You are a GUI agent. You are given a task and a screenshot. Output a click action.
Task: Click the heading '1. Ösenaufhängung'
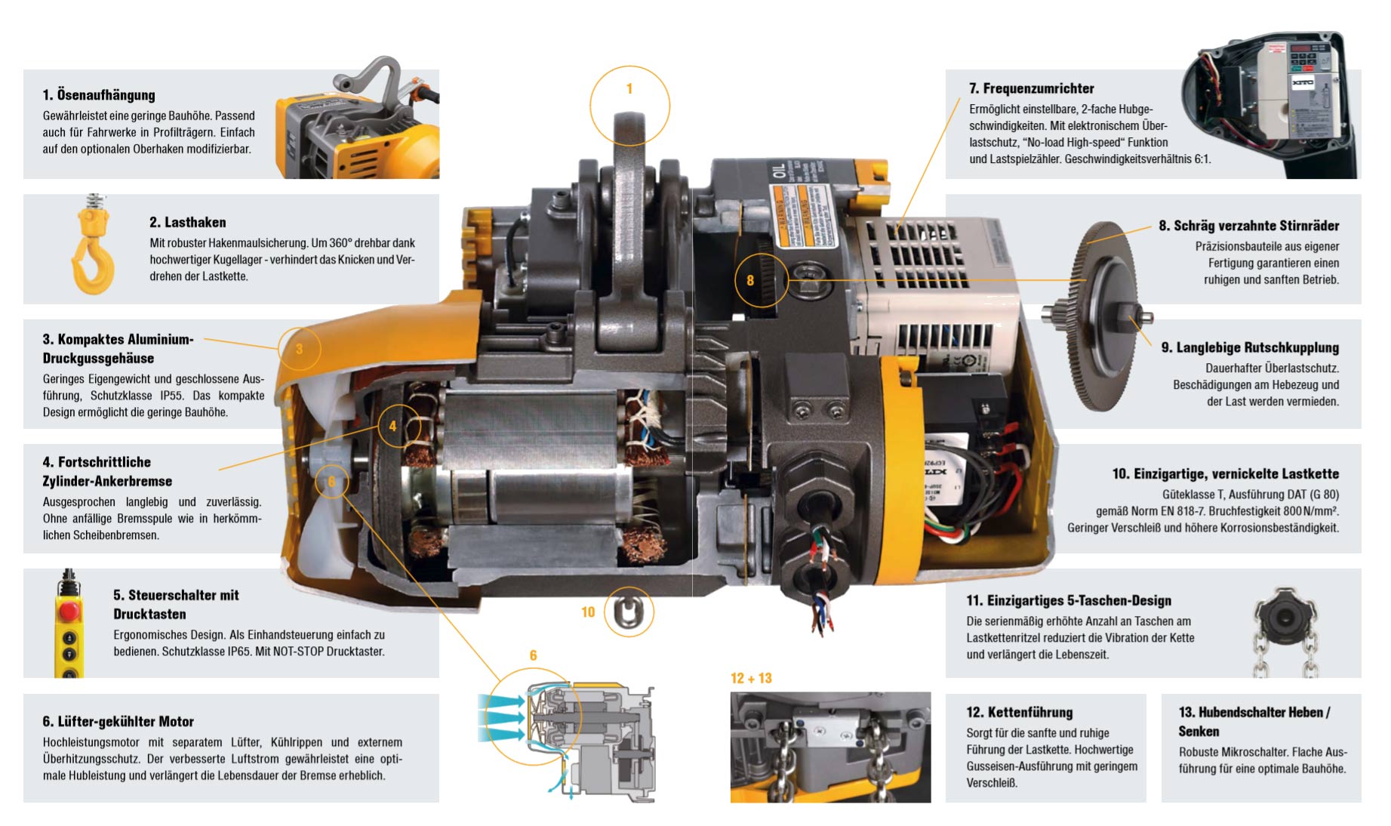point(99,95)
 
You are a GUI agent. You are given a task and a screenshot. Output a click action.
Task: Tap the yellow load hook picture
point(94,249)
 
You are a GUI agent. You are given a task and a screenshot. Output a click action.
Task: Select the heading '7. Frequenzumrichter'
point(1031,88)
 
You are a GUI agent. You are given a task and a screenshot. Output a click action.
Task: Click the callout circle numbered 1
point(629,105)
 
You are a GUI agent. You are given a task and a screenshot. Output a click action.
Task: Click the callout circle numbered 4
point(399,426)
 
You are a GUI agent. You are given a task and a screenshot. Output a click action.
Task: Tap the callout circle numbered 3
point(299,349)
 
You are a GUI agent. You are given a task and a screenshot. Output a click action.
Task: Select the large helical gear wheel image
point(1102,317)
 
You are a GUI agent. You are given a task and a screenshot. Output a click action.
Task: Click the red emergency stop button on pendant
point(69,610)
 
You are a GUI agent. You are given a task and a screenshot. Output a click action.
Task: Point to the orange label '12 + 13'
point(751,678)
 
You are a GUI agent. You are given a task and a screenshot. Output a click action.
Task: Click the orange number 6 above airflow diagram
point(533,655)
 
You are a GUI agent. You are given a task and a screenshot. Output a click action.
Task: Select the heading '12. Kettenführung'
point(1019,712)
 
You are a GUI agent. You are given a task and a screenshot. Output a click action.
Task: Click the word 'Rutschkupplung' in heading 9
point(1295,347)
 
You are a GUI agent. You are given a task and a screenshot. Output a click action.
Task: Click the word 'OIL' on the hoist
point(778,171)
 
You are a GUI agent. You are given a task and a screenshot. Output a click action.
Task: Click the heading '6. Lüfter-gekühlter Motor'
point(118,722)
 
